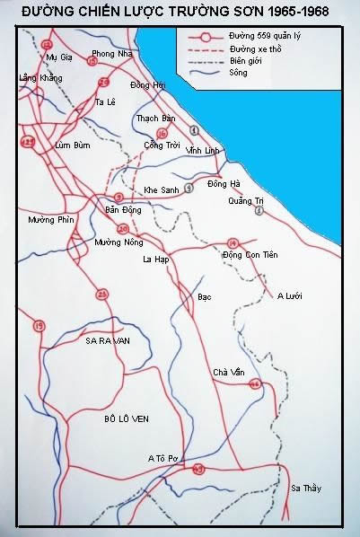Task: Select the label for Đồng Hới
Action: click(x=147, y=84)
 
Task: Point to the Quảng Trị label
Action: click(x=246, y=200)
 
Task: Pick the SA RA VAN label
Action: click(x=107, y=341)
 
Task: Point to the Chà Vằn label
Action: click(x=228, y=372)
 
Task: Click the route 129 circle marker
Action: click(x=29, y=142)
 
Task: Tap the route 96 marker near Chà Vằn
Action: click(x=255, y=383)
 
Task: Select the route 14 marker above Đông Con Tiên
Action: click(x=233, y=242)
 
